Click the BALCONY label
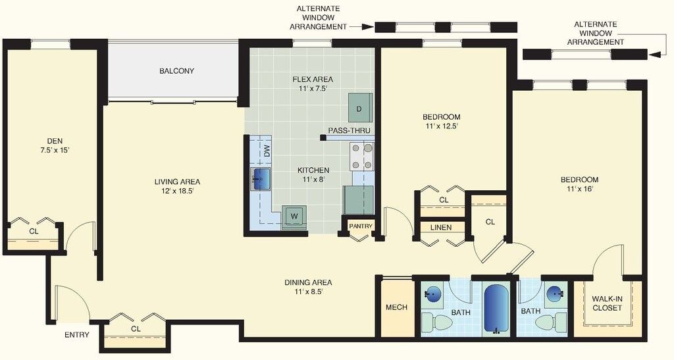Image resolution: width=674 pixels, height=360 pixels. click(x=176, y=71)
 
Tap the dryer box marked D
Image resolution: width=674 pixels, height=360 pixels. click(x=360, y=108)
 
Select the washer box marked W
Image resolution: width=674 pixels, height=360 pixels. click(x=294, y=215)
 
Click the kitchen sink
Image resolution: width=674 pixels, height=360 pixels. click(x=261, y=178)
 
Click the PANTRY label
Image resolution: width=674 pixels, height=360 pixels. click(x=360, y=226)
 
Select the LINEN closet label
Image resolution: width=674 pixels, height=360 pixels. click(x=441, y=228)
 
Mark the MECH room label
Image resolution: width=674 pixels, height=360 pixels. click(x=396, y=307)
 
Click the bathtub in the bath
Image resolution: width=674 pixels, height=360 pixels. click(x=494, y=309)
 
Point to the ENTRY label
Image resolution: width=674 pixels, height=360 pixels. click(x=77, y=335)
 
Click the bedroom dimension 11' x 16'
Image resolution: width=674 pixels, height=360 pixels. click(x=579, y=190)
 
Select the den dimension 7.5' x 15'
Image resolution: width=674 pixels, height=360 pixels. click(x=55, y=150)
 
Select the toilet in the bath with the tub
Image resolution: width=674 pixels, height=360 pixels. click(x=436, y=322)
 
